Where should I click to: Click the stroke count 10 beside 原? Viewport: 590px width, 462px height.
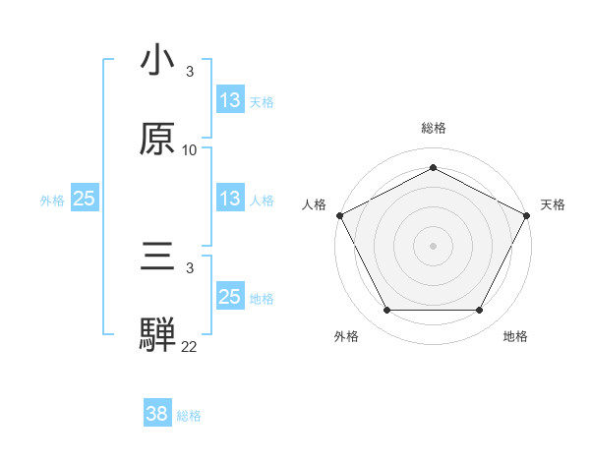(x=190, y=150)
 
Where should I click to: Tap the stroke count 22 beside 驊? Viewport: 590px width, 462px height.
(x=190, y=346)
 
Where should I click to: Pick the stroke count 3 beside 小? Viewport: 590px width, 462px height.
(x=190, y=72)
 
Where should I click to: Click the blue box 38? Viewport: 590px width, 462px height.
(x=157, y=415)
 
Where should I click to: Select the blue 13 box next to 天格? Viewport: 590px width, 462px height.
(x=230, y=99)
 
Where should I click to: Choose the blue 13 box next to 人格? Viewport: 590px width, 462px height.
(x=230, y=199)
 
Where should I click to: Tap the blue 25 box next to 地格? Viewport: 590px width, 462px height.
(x=230, y=297)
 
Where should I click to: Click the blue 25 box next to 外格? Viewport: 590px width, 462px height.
(x=85, y=199)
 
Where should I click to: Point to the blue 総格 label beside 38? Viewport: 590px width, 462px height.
(x=189, y=416)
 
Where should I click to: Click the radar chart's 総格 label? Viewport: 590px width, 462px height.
(x=434, y=128)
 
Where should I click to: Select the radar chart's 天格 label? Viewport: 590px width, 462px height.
(x=553, y=204)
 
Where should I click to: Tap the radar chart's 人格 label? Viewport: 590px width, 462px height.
(x=314, y=204)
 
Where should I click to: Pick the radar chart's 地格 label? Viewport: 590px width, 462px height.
(x=515, y=337)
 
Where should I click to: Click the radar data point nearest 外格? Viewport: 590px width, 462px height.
(x=386, y=311)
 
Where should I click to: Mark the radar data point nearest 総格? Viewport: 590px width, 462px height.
(x=433, y=167)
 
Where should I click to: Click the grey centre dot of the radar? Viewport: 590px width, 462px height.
(x=433, y=245)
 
